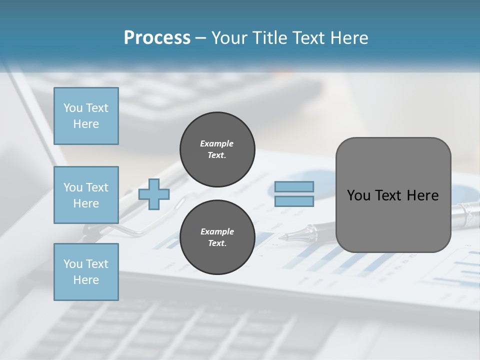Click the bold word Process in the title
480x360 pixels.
[157, 38]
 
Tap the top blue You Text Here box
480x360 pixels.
[86, 116]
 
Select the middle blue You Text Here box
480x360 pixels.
[86, 195]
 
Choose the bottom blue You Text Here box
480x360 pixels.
[86, 272]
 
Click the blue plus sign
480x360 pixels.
[154, 194]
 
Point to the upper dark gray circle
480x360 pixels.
[217, 149]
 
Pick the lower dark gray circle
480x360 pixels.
[217, 237]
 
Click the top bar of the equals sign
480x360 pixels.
[294, 187]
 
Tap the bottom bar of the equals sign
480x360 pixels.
[294, 201]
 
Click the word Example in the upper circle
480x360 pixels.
[217, 143]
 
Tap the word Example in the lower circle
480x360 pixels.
[217, 231]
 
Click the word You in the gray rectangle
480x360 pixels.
[358, 195]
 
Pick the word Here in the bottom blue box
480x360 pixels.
[86, 280]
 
